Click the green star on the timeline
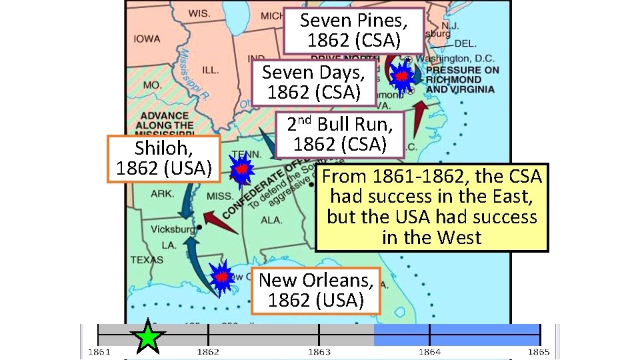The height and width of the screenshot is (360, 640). [x=148, y=337]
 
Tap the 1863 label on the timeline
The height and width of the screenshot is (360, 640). [x=319, y=351]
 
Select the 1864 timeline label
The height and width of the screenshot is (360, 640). [x=429, y=351]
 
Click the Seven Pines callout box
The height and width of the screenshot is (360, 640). [x=353, y=31]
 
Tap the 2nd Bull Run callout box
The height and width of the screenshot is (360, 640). [x=340, y=133]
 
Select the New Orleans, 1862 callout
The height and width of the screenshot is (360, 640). [x=316, y=290]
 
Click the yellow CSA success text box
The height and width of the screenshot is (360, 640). [x=432, y=207]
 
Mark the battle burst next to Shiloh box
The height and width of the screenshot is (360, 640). [x=241, y=170]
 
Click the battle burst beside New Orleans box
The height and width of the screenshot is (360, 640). [x=221, y=277]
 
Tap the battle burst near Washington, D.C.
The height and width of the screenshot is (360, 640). [x=401, y=77]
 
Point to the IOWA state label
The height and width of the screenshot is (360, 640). [x=146, y=39]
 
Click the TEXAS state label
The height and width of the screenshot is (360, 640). [x=146, y=259]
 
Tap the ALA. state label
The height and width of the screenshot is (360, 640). [x=271, y=220]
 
